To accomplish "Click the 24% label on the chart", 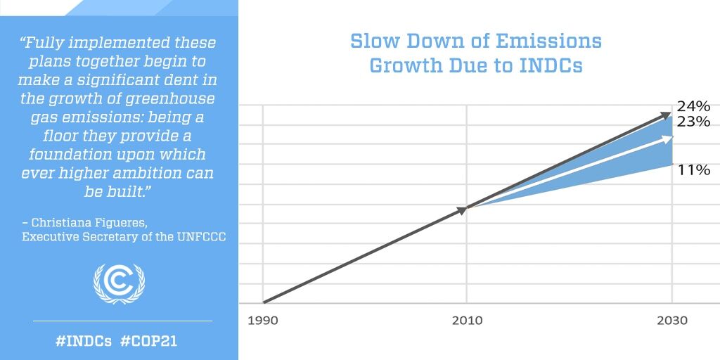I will (x=693, y=107).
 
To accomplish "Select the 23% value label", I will (x=693, y=122).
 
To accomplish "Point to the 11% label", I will (x=693, y=170).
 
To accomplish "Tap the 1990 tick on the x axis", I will (x=262, y=320).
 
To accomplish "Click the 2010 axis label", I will (x=467, y=320).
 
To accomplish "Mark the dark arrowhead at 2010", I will (x=463, y=209).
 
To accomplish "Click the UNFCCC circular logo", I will (x=119, y=283).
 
